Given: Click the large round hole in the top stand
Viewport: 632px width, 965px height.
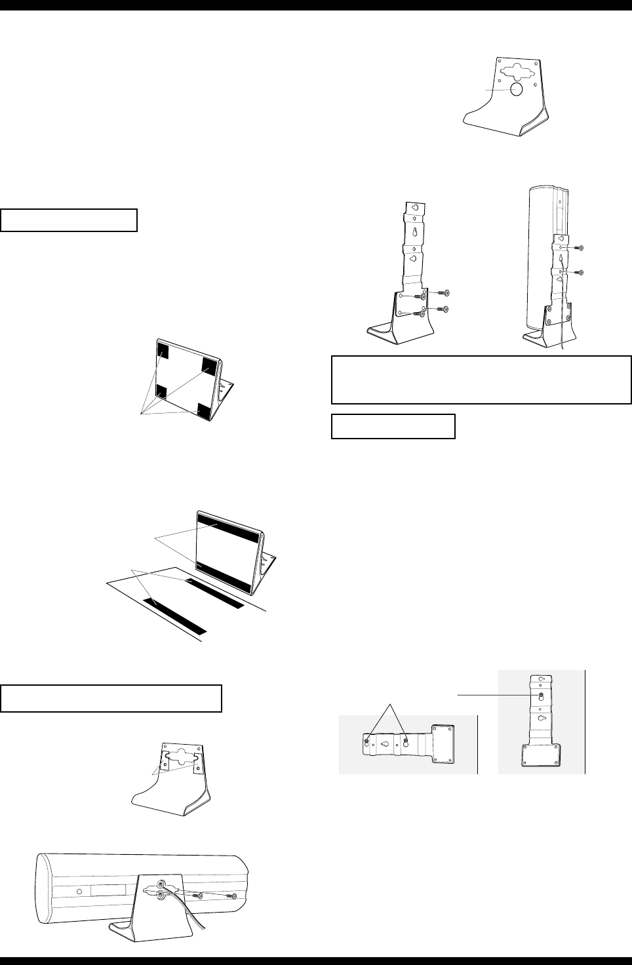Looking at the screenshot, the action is [515, 90].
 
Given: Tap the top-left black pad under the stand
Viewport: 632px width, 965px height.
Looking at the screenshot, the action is [162, 352].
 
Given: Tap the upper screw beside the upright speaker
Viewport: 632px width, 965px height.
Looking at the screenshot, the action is [578, 248].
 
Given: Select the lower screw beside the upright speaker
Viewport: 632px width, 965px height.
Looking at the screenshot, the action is [578, 272].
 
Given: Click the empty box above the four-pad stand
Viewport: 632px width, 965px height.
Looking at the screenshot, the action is [69, 220].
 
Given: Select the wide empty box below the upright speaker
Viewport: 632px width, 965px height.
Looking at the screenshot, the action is [481, 380].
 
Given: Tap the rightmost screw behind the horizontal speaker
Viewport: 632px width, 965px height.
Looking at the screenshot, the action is [231, 895].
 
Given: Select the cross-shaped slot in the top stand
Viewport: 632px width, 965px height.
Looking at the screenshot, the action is [516, 70].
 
